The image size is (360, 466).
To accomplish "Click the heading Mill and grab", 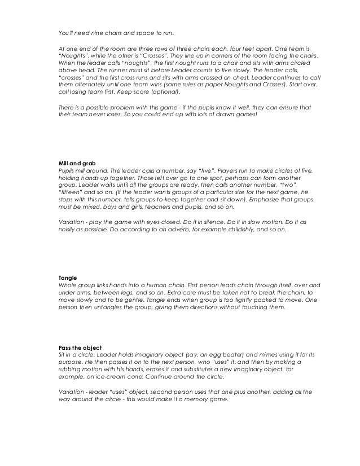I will [77, 164].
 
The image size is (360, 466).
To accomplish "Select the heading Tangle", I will [68, 278].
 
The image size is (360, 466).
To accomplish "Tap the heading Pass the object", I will [80, 345].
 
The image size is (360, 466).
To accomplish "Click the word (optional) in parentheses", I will [163, 92].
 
